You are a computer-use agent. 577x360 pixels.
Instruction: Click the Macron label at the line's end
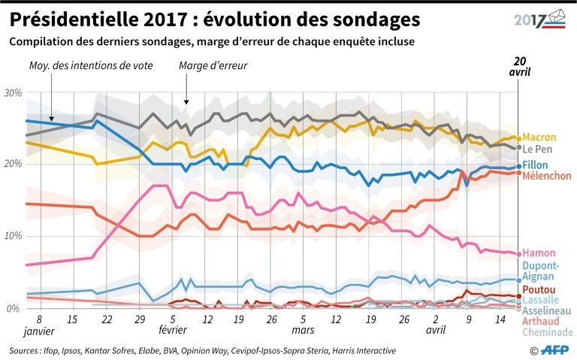pyautogui.click(x=539, y=138)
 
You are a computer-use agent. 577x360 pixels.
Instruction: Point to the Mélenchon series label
pyautogui.click(x=546, y=176)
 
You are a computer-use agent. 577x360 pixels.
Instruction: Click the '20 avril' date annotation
pyautogui.click(x=518, y=66)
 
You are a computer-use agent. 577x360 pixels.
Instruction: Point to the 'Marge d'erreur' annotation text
pyautogui.click(x=213, y=66)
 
